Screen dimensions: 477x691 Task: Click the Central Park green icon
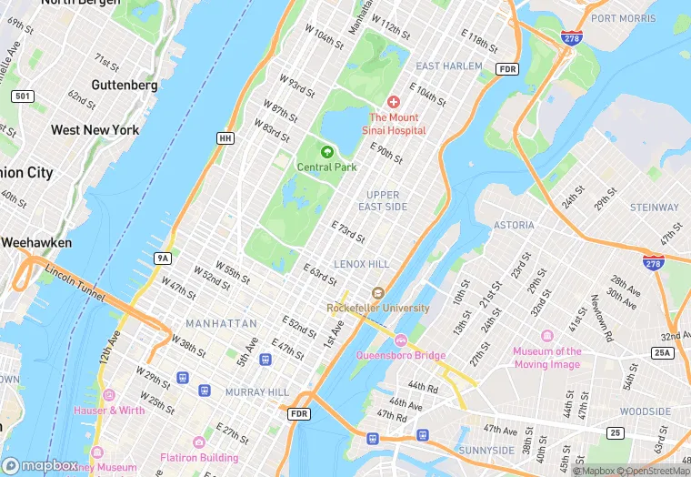326,152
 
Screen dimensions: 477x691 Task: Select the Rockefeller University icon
377,292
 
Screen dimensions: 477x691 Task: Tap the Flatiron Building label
199,457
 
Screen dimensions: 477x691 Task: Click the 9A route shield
163,259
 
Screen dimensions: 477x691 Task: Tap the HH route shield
225,137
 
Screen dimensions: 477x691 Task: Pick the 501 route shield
22,96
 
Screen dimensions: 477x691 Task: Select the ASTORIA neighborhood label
515,225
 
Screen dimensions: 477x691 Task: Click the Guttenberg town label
125,85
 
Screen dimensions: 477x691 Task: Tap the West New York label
95,130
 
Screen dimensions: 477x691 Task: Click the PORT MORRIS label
624,18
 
